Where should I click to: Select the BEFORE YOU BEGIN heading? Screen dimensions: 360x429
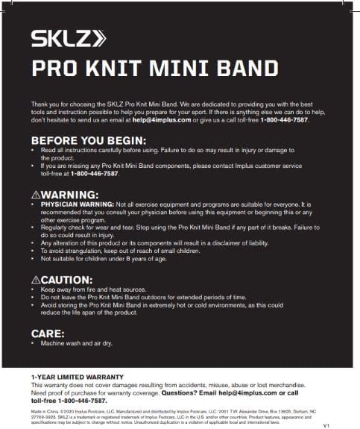pos(88,140)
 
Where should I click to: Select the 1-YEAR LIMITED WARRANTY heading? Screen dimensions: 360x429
pos(78,377)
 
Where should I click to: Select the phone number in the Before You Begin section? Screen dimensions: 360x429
pos(95,174)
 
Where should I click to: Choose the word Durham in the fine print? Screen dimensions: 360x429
pos(309,411)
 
